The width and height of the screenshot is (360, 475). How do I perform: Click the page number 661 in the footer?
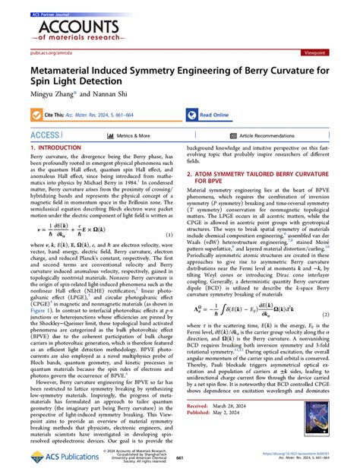click(x=180, y=458)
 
